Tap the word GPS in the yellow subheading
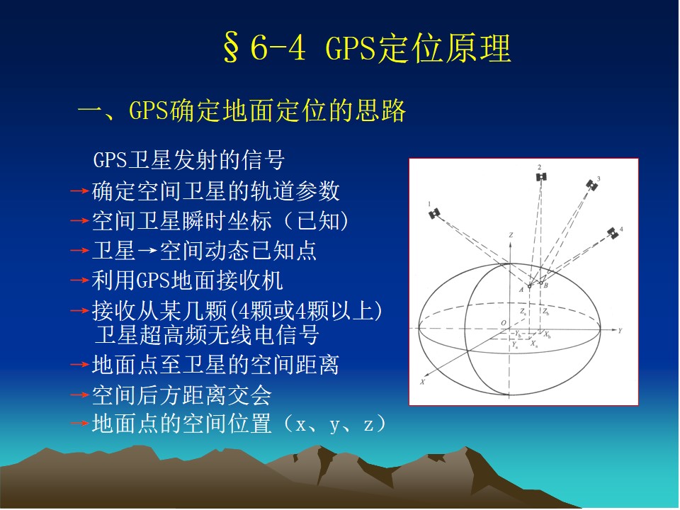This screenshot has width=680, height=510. click(x=148, y=110)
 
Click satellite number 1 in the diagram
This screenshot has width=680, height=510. click(x=434, y=213)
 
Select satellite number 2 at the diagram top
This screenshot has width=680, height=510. click(x=540, y=176)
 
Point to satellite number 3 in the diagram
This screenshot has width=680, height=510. click(x=592, y=185)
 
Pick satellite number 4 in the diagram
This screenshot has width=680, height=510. click(x=612, y=233)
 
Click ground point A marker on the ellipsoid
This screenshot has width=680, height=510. click(x=529, y=287)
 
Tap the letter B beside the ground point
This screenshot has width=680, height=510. click(x=546, y=285)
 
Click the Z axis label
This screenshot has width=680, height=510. click(x=511, y=235)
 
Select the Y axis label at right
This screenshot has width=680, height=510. click(x=620, y=331)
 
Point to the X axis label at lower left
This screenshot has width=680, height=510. click(x=422, y=382)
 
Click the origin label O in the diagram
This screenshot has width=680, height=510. click(x=504, y=323)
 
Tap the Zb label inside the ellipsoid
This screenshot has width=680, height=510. click(x=545, y=312)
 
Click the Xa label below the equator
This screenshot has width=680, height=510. click(x=534, y=344)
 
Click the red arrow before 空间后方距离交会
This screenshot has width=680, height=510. click(x=80, y=395)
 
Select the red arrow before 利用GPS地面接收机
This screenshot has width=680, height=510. click(x=80, y=280)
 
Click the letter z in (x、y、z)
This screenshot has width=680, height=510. click(x=368, y=425)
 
